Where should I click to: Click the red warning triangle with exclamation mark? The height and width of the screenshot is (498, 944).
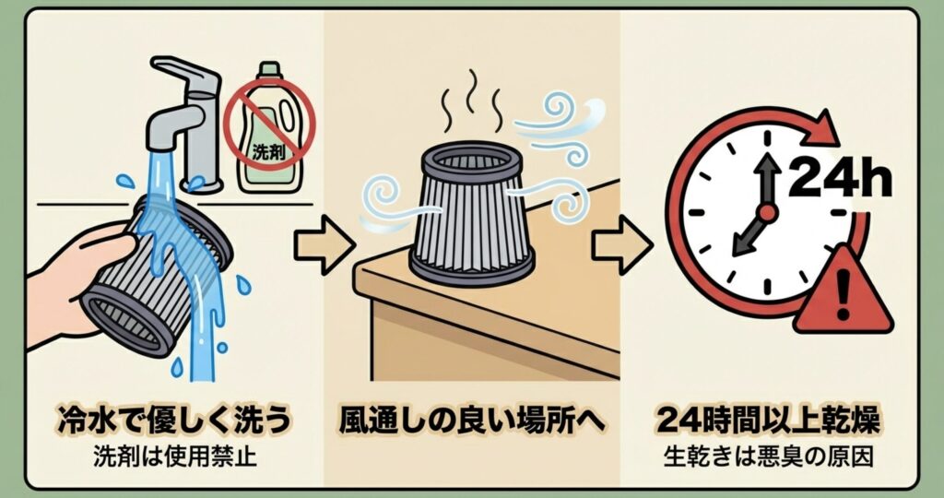[843, 290]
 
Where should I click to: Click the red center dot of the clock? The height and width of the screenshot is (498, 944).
[767, 212]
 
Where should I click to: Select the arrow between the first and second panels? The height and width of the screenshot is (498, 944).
[324, 244]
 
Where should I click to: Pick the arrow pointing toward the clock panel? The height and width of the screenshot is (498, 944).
[622, 244]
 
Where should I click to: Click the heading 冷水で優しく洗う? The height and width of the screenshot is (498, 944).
[174, 420]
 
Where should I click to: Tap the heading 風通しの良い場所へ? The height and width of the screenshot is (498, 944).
[471, 420]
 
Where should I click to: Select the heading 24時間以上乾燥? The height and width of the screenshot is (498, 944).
[768, 420]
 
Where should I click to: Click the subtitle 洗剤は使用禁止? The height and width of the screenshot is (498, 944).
[174, 456]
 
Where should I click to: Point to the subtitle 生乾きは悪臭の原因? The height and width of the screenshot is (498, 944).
[768, 456]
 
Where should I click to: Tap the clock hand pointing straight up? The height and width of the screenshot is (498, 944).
[767, 181]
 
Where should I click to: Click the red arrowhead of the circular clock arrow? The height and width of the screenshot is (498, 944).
[819, 129]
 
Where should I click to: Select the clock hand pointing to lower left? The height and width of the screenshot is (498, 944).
[749, 235]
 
